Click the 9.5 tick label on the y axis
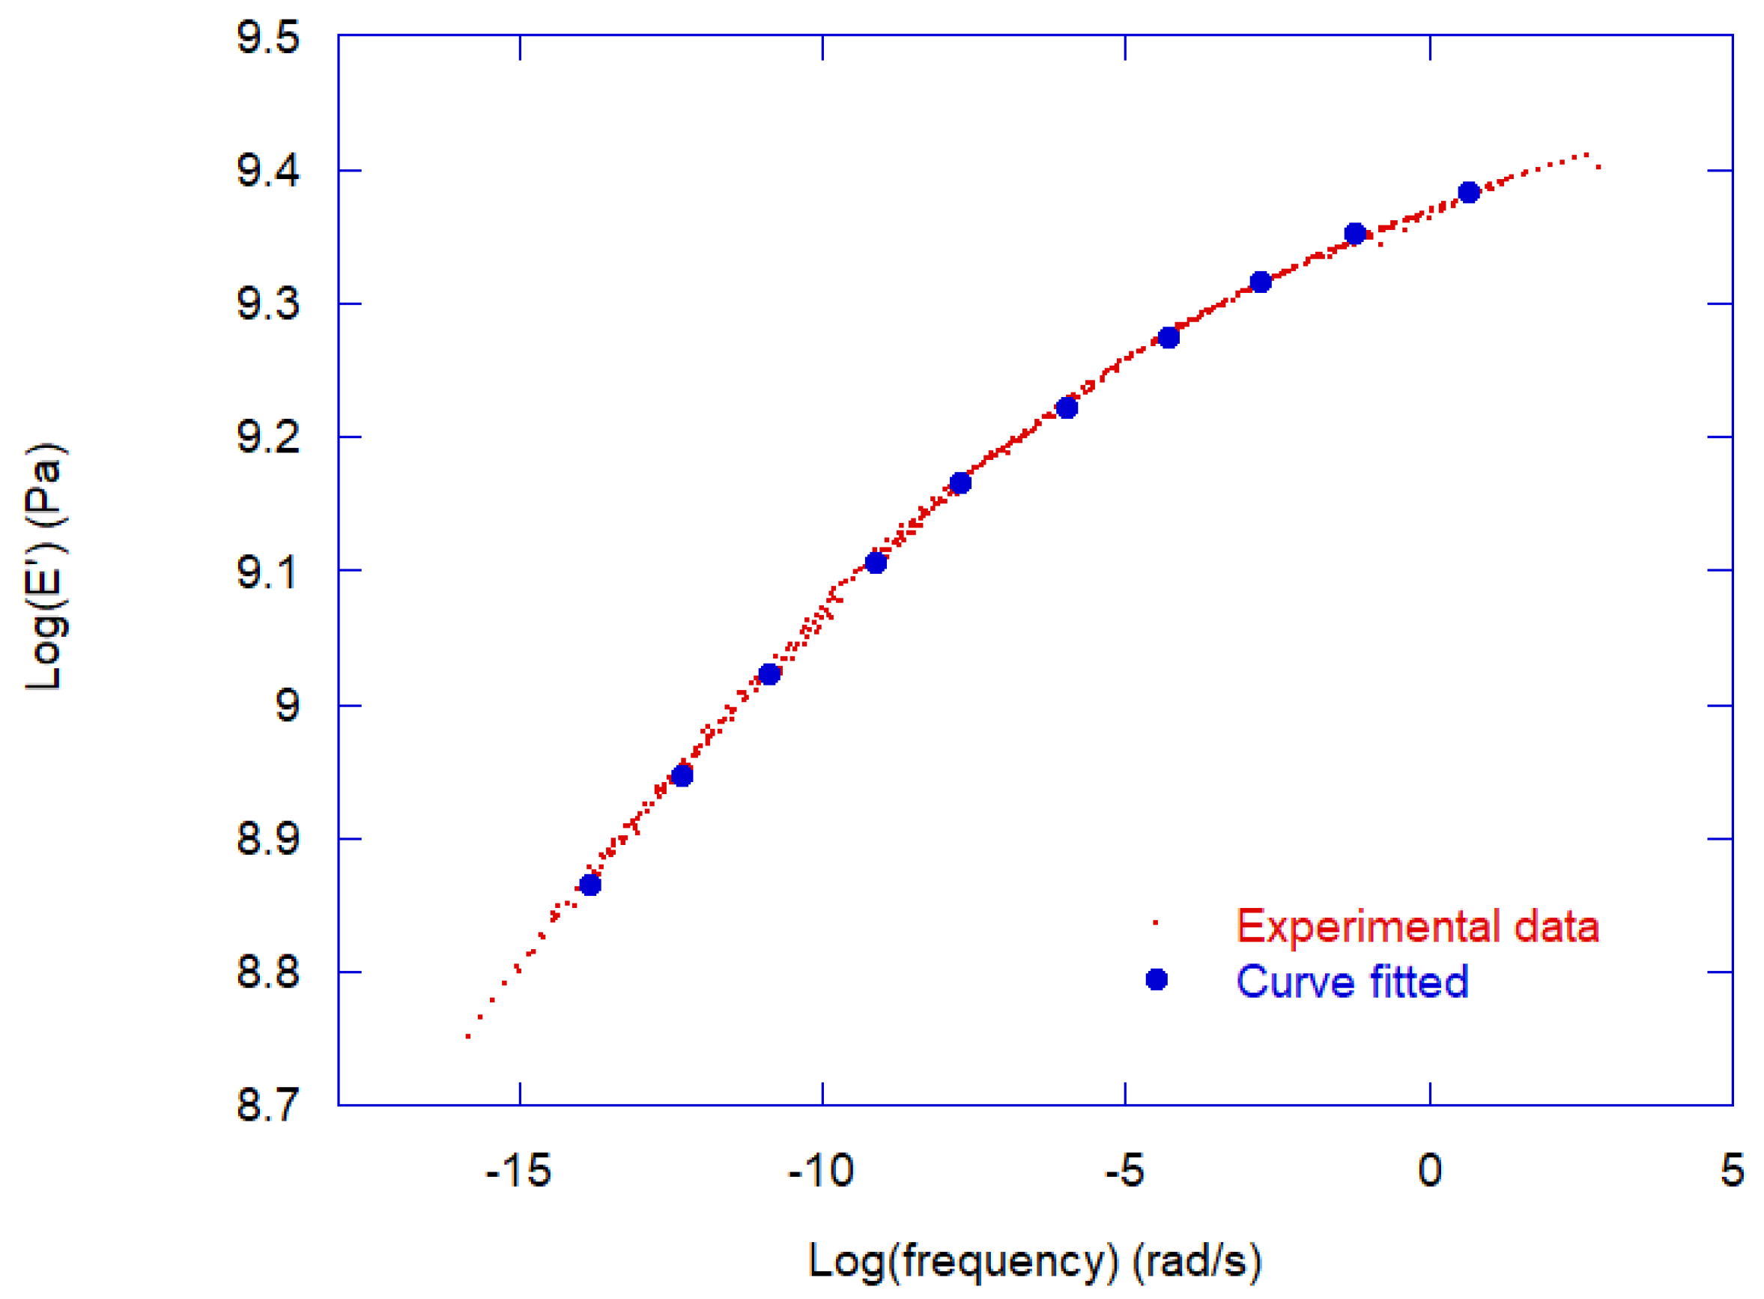pos(268,37)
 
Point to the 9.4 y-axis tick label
pos(268,171)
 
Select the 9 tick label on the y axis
pos(288,706)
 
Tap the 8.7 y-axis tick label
pos(268,1105)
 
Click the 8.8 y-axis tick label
pos(268,972)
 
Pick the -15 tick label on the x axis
pos(519,1171)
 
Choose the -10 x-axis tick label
pos(822,1171)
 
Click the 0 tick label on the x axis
pos(1430,1171)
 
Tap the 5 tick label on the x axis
pos(1733,1171)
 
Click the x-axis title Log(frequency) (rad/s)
pos(1035,1262)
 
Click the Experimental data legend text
pos(1417,926)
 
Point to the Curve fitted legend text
pos(1352,981)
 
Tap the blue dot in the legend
pos(1157,980)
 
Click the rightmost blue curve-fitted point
pos(1469,192)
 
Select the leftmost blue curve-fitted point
pos(590,885)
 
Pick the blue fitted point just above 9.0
pos(769,675)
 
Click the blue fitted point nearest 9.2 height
pos(1067,408)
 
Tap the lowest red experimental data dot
pos(468,1036)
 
